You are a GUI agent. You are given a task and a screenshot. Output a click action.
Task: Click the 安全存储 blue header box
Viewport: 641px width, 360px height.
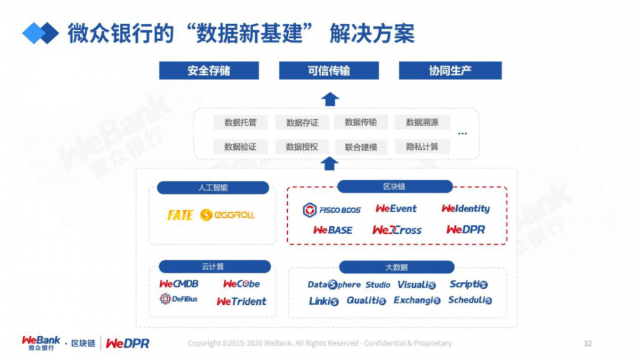pyautogui.click(x=209, y=70)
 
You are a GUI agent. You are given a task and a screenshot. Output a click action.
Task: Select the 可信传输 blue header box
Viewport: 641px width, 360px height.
pyautogui.click(x=329, y=70)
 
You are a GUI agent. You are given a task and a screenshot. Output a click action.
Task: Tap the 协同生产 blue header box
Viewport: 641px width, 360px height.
pyautogui.click(x=450, y=70)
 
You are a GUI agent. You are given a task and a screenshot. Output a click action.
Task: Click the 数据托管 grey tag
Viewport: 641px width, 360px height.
pyautogui.click(x=240, y=122)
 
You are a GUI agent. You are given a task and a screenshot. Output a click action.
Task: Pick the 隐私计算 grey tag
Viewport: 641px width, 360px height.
pyautogui.click(x=422, y=147)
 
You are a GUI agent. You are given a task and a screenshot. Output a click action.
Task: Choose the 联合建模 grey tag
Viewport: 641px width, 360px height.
pyautogui.click(x=361, y=147)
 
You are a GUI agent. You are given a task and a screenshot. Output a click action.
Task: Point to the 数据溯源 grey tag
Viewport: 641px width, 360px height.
pyautogui.click(x=422, y=122)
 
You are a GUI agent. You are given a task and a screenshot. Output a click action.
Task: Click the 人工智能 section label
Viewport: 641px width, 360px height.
pyautogui.click(x=213, y=188)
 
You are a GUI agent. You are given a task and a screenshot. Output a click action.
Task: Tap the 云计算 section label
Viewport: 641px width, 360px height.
pyautogui.click(x=213, y=266)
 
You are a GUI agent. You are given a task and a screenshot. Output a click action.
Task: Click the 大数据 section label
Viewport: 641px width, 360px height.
pyautogui.click(x=396, y=267)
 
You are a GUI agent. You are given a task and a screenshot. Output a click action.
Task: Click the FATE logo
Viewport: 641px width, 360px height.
pyautogui.click(x=179, y=215)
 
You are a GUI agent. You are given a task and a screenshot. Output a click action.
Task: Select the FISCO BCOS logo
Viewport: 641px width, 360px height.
pyautogui.click(x=332, y=209)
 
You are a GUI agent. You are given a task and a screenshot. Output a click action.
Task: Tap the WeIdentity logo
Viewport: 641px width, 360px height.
pyautogui.click(x=465, y=209)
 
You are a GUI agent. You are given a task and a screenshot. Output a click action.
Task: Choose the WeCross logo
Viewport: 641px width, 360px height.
pyautogui.click(x=397, y=230)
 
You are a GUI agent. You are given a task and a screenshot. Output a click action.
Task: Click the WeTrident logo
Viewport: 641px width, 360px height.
pyautogui.click(x=242, y=301)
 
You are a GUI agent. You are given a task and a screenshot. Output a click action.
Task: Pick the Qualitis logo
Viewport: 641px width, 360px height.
pyautogui.click(x=366, y=300)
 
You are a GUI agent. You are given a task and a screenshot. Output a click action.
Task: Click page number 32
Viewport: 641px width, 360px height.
pyautogui.click(x=587, y=343)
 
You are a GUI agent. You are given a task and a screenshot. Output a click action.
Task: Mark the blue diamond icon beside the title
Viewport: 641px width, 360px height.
pyautogui.click(x=40, y=33)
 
